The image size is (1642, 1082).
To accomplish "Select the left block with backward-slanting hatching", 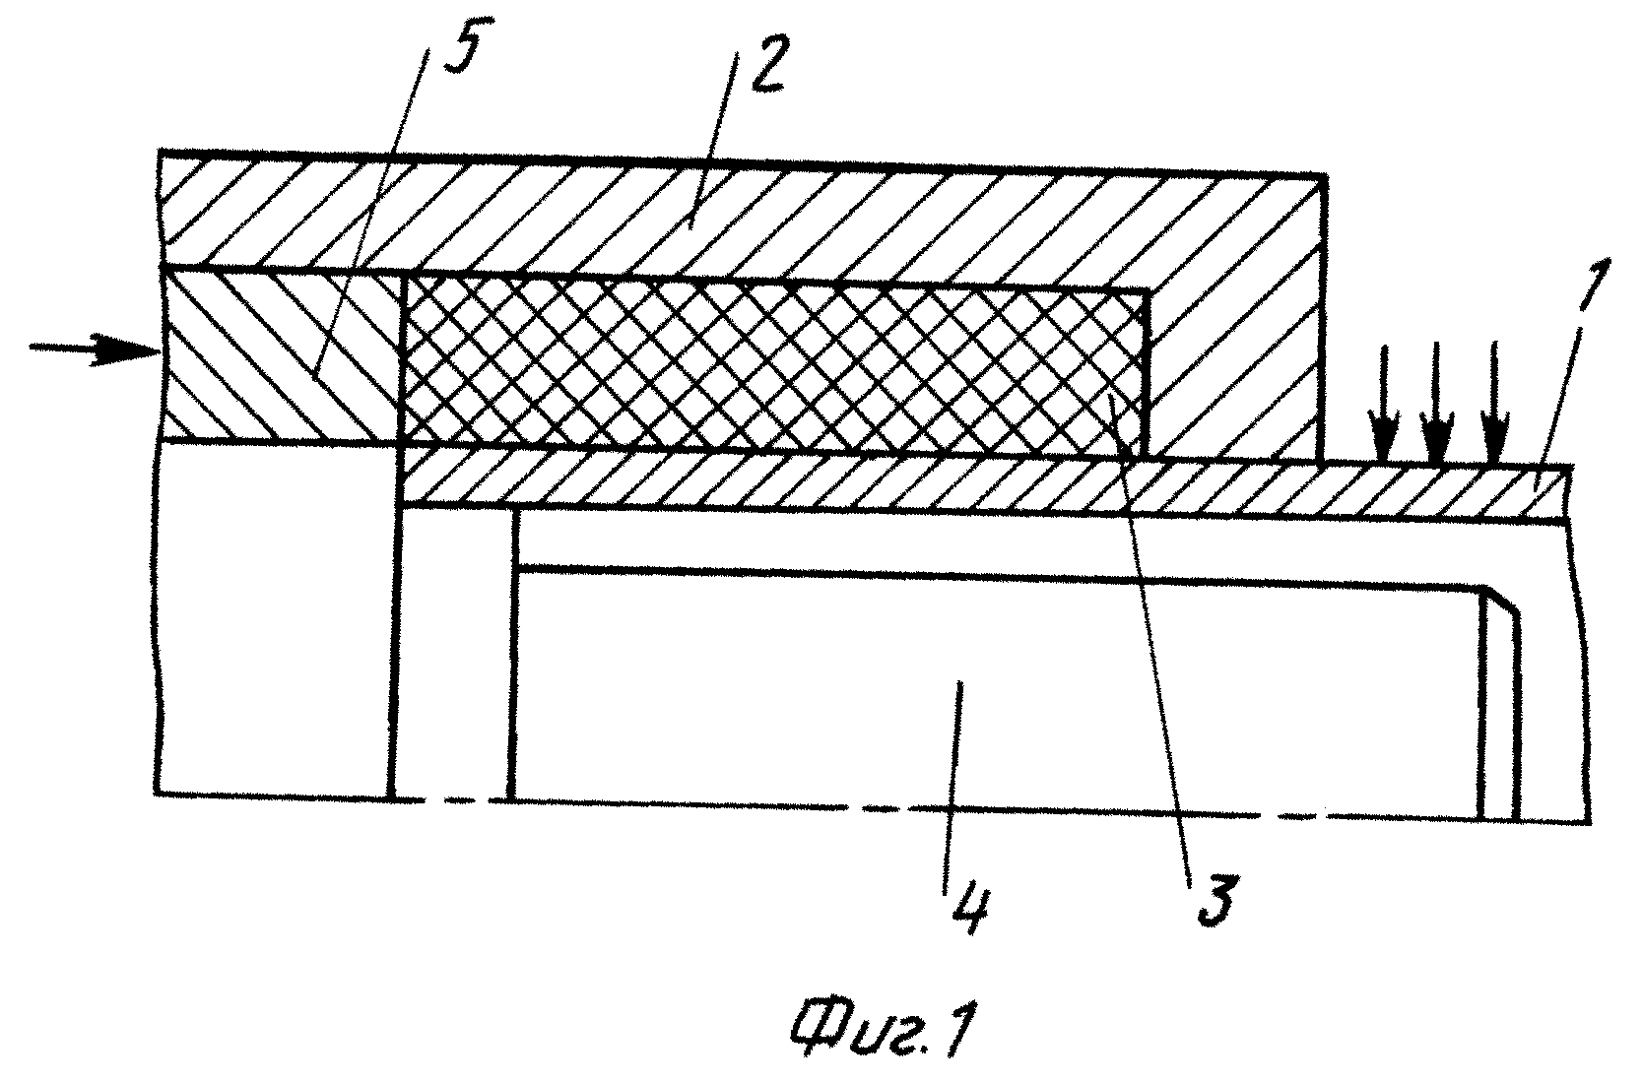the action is pos(283,354).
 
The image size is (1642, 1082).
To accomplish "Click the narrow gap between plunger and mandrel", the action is pos(453,652).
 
